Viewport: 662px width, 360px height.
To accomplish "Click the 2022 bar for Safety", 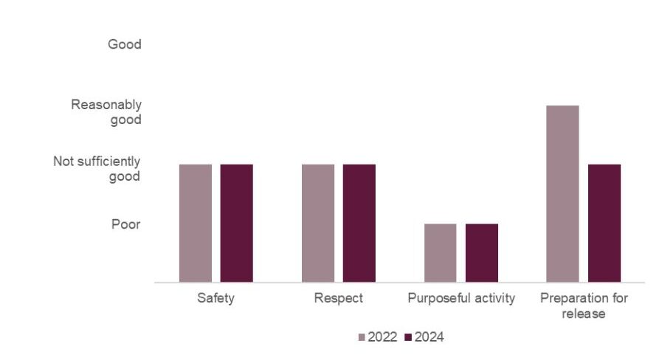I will pyautogui.click(x=196, y=223).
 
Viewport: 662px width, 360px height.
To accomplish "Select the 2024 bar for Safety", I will pyautogui.click(x=237, y=223).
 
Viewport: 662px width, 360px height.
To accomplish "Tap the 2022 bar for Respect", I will pyautogui.click(x=318, y=223).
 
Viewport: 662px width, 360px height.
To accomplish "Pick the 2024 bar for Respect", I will pyautogui.click(x=359, y=223).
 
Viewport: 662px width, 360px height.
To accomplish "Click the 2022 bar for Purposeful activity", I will pyautogui.click(x=441, y=252).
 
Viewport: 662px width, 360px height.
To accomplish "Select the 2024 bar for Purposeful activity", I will pyautogui.click(x=482, y=252).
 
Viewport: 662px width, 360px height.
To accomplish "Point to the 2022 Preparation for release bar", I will pyautogui.click(x=563, y=193).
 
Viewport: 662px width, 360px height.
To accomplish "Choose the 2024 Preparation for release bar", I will pyautogui.click(x=604, y=223).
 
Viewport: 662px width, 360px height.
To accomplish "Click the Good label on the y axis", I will pyautogui.click(x=124, y=44).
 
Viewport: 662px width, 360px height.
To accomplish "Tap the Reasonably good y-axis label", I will pyautogui.click(x=106, y=112).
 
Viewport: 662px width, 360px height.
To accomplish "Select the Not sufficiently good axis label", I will pyautogui.click(x=97, y=168).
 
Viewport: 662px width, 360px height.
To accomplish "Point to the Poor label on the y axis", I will pyautogui.click(x=125, y=224).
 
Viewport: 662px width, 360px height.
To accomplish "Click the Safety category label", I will pyautogui.click(x=216, y=299).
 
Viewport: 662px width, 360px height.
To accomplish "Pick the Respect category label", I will pyautogui.click(x=339, y=299).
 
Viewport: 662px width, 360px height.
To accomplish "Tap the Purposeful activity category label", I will pyautogui.click(x=461, y=299).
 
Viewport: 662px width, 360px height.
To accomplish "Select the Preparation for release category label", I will pyautogui.click(x=584, y=306).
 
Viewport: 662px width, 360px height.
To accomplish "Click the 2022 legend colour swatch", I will pyautogui.click(x=362, y=338).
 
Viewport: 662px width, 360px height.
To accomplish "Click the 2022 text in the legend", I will pyautogui.click(x=382, y=337).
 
